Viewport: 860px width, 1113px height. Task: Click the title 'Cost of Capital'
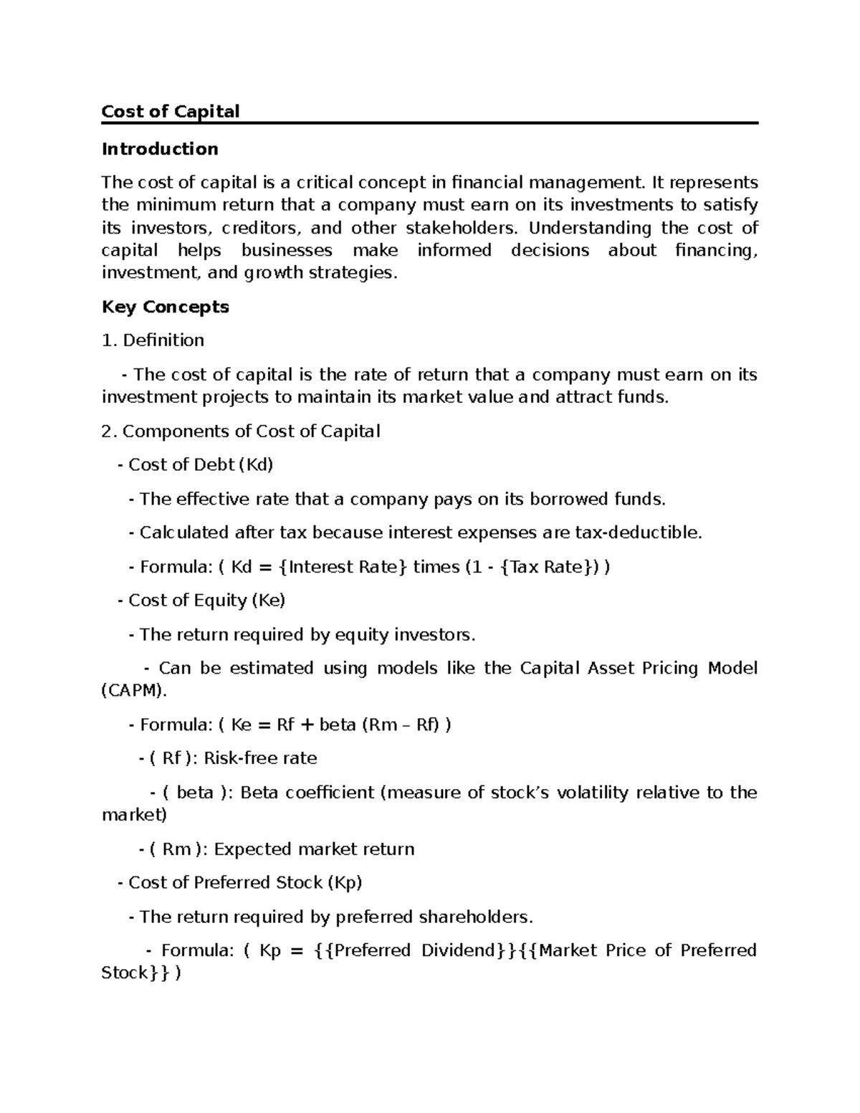pos(171,112)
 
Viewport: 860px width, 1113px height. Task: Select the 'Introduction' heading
pos(160,149)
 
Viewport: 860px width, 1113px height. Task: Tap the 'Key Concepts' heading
pos(166,307)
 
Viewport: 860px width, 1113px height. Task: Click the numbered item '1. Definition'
pos(153,340)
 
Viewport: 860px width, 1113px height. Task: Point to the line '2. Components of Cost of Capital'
pos(241,431)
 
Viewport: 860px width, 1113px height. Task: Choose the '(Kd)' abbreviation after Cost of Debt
pos(256,465)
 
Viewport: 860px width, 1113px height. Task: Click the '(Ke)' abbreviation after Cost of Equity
pos(268,601)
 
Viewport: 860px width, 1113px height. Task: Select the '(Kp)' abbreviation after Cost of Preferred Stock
pos(345,883)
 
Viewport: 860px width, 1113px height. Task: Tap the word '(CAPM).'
pos(134,692)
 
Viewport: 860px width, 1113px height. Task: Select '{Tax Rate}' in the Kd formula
pos(547,568)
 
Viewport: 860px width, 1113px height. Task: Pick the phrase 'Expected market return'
pos(314,849)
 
